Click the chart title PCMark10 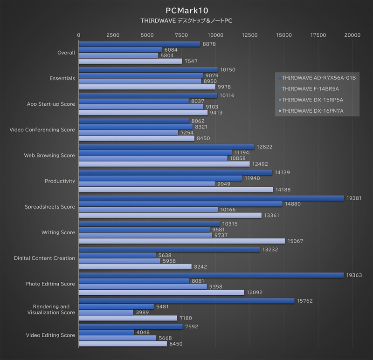pos(186,10)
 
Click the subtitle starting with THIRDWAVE pos(186,21)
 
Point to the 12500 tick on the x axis pos(250,35)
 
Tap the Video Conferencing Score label pos(42,129)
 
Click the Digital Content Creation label pos(44,258)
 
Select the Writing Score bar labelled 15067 pos(181,241)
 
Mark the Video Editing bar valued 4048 pos(106,332)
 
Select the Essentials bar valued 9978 pos(147,87)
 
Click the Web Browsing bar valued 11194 pos(155,153)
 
